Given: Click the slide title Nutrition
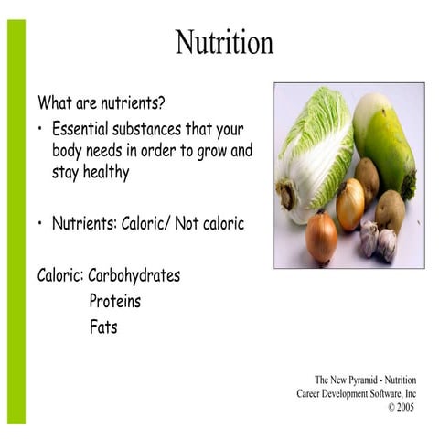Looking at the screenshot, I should [x=224, y=43].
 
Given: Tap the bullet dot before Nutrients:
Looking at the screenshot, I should [x=41, y=223].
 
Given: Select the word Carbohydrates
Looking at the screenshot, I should [x=134, y=275].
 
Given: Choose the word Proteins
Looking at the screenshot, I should [x=115, y=301].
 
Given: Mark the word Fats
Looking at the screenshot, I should [x=103, y=327].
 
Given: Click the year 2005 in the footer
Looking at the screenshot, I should [x=406, y=407].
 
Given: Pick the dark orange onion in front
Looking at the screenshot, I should [x=320, y=239].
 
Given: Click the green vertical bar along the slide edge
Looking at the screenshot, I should [x=16, y=219].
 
